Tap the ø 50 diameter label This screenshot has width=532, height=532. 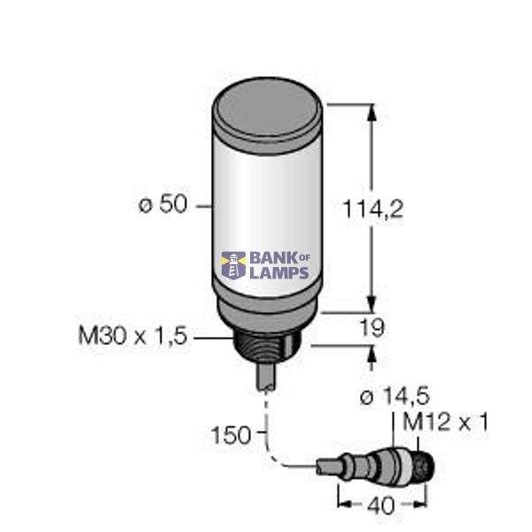coord(162,205)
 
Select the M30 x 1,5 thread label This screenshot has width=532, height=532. coord(133,337)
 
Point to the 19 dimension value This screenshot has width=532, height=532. coord(373,329)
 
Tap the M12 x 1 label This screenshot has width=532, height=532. coord(446,422)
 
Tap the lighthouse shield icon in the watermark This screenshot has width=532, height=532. coord(233,264)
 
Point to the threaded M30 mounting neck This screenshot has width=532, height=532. coord(267,345)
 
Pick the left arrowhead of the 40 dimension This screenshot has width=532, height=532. coord(341,501)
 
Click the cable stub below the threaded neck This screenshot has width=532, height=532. coord(266,376)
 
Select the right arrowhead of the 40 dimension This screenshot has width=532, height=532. coord(423,501)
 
